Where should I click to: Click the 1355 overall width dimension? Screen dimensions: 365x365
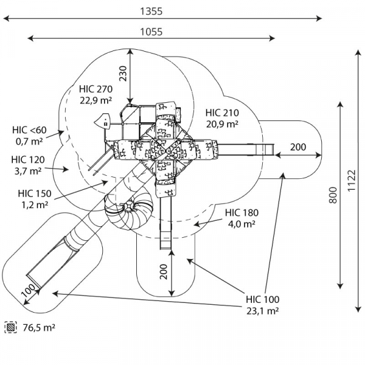(x=151, y=11)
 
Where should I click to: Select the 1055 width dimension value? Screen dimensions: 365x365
(x=151, y=32)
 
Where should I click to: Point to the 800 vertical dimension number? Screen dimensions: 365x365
(x=333, y=195)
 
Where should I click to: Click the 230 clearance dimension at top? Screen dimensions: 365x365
(x=123, y=74)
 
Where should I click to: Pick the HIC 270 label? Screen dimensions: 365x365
(x=96, y=89)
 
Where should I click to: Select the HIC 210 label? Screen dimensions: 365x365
(x=222, y=113)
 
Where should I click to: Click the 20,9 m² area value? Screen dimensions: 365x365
(x=222, y=124)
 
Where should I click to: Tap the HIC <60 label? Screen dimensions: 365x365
(x=29, y=130)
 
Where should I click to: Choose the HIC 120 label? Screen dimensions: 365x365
(x=28, y=159)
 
